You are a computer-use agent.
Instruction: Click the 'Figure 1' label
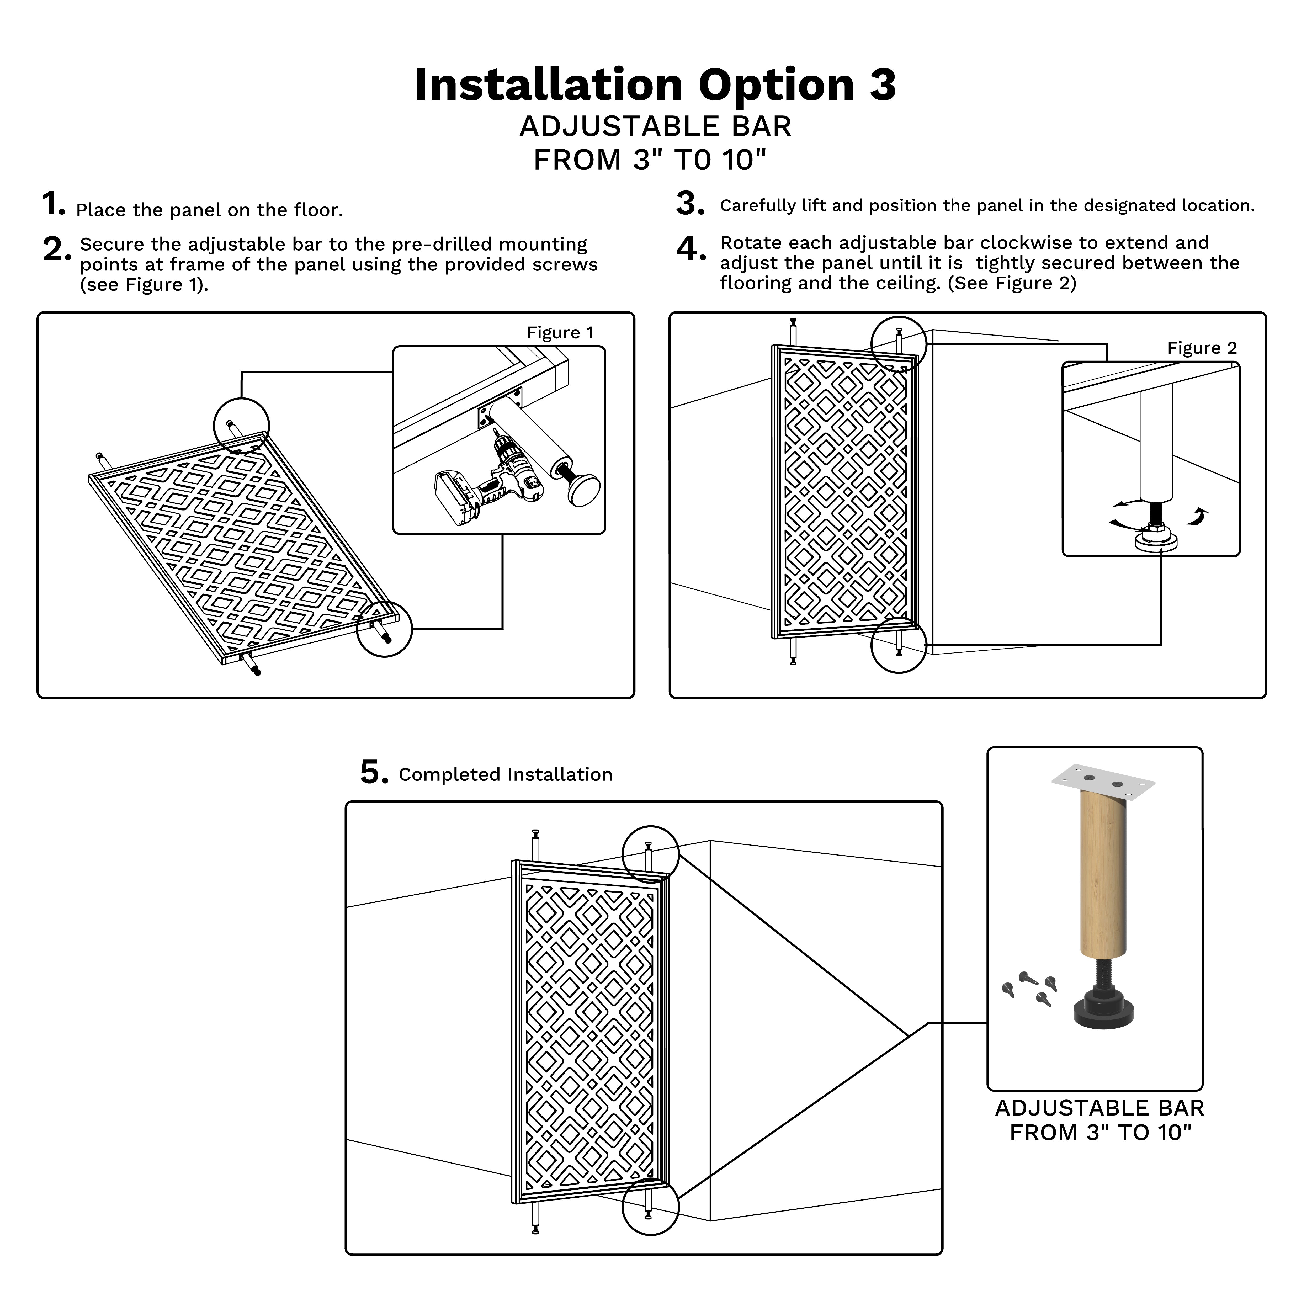(x=560, y=333)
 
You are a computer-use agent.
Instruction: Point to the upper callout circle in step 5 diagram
(x=651, y=854)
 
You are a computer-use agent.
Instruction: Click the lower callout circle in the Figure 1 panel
(x=384, y=629)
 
